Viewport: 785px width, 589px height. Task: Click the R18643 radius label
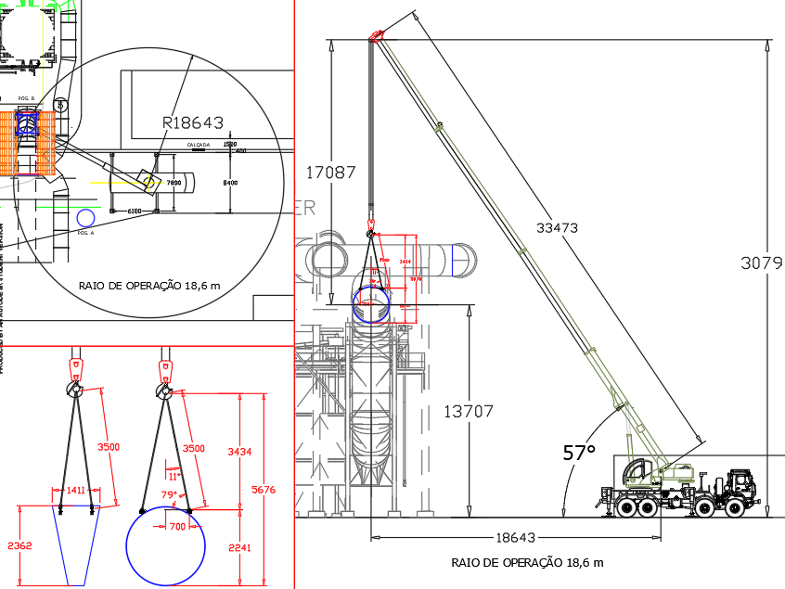click(193, 122)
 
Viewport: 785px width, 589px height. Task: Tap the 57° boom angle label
click(579, 454)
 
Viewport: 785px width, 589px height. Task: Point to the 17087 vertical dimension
click(331, 172)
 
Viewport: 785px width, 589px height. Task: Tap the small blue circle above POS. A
click(85, 218)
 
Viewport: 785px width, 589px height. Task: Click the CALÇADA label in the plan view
click(199, 146)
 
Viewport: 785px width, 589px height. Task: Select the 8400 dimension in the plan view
click(231, 183)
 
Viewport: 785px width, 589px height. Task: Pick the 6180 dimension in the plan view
click(134, 211)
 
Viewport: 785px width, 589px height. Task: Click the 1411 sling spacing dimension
click(75, 490)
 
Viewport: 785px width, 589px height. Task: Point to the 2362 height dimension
click(19, 546)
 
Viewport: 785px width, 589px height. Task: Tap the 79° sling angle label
click(168, 495)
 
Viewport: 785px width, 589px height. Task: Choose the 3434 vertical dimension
click(240, 452)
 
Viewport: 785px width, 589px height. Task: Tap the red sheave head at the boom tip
click(375, 37)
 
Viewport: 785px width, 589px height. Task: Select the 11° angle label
click(172, 476)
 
